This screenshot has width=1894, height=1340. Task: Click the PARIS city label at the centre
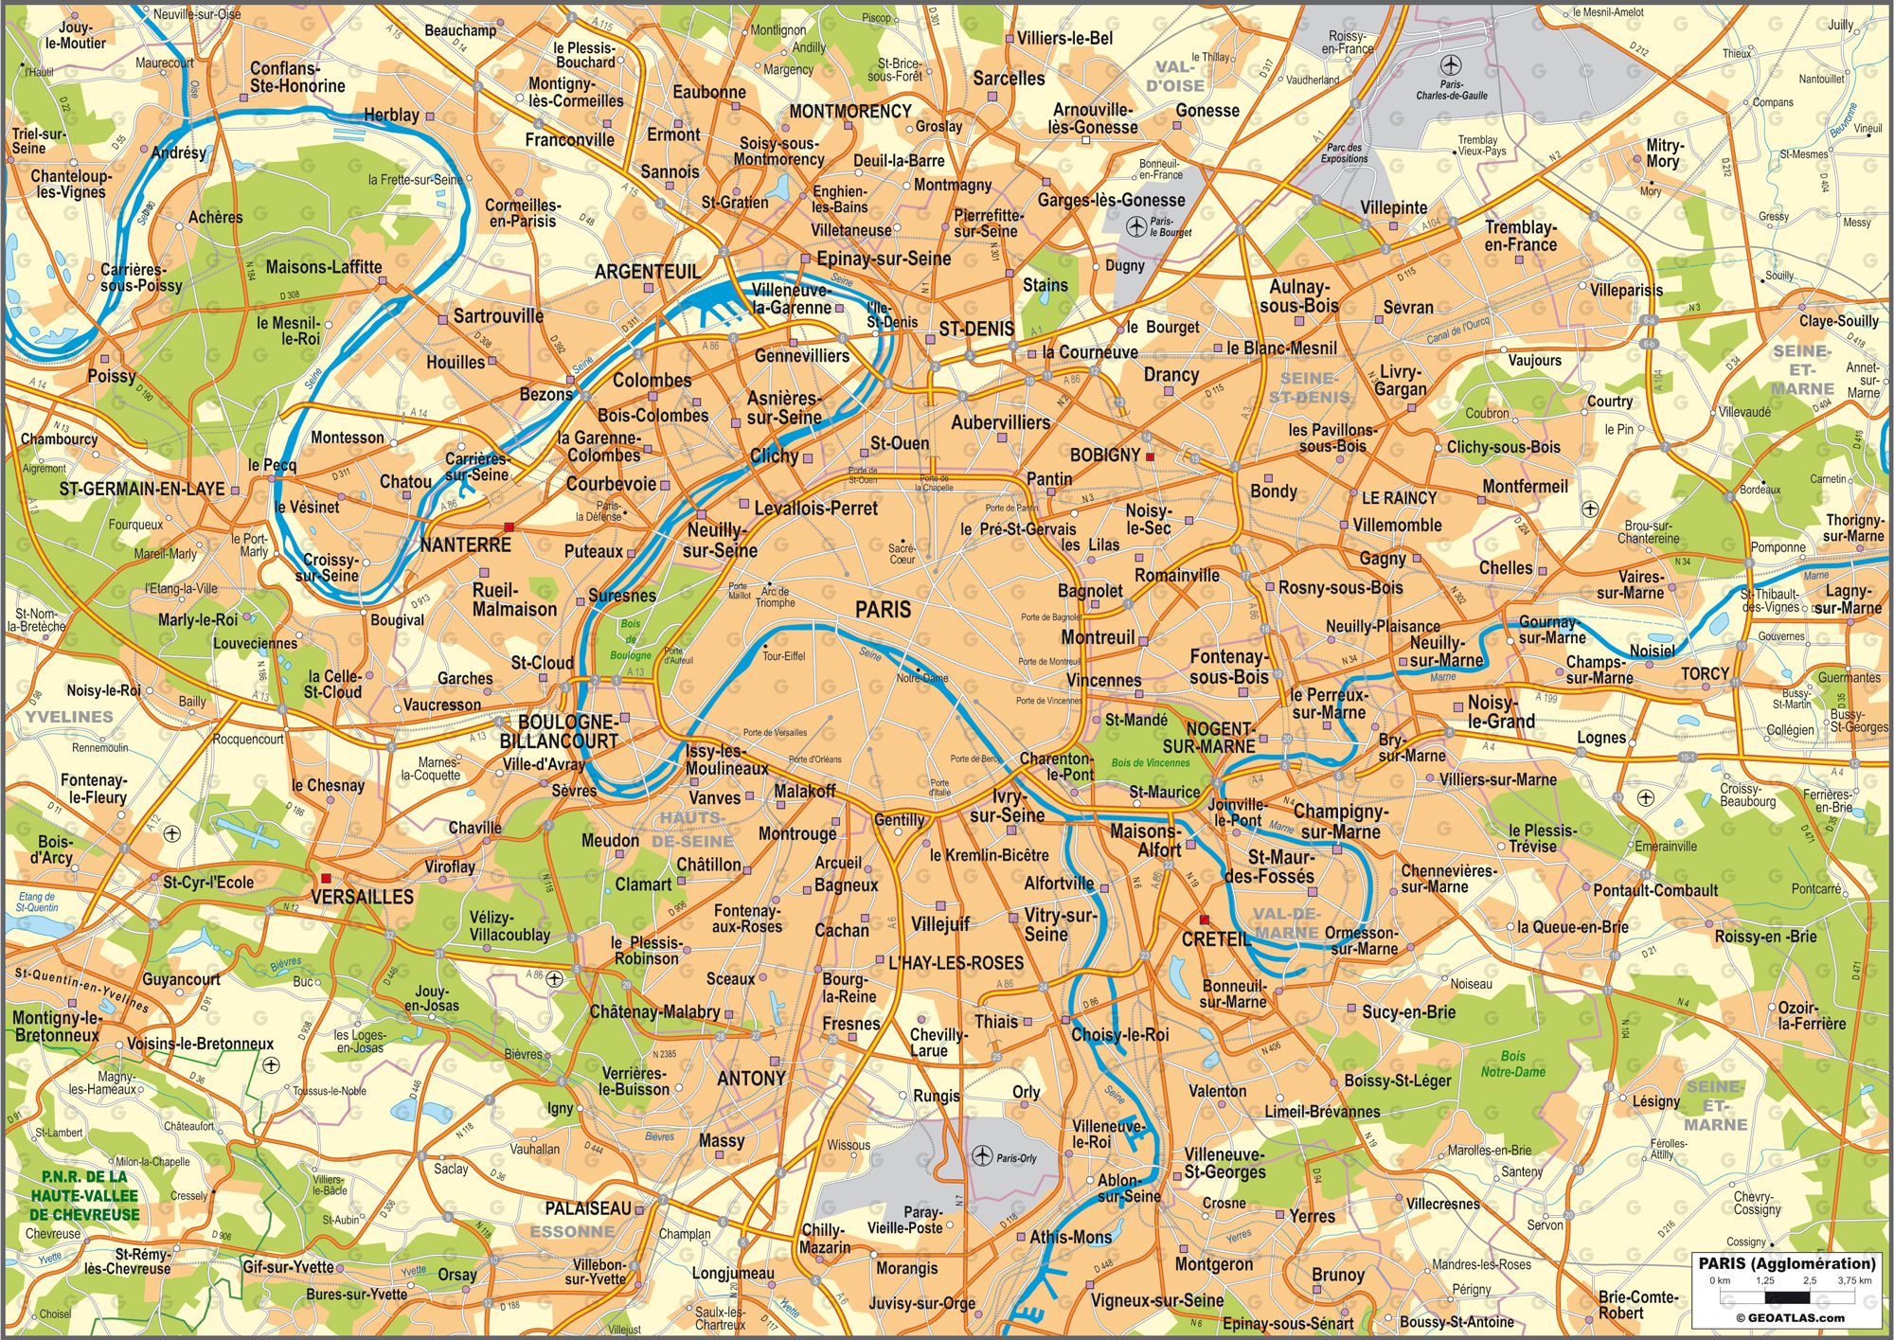(x=883, y=609)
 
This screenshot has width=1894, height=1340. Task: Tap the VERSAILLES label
(x=362, y=896)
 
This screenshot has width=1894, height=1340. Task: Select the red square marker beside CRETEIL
(x=1204, y=920)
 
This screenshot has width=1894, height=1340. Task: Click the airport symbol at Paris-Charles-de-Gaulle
(x=1450, y=64)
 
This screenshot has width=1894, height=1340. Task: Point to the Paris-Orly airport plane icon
(x=981, y=1155)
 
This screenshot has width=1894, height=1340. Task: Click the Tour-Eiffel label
(x=783, y=655)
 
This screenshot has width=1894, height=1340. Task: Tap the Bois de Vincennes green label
(x=1150, y=762)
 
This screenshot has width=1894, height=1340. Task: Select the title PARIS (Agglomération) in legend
(x=1786, y=1263)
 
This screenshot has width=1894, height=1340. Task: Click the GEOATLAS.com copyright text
(x=1790, y=1317)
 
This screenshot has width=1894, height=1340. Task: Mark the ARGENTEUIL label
(x=648, y=271)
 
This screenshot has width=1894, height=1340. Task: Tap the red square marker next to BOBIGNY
(x=1150, y=456)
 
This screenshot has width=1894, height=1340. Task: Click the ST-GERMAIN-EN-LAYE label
(x=142, y=489)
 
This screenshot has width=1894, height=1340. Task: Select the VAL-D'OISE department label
(x=1175, y=77)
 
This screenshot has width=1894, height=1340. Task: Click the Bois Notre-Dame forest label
(x=1512, y=1063)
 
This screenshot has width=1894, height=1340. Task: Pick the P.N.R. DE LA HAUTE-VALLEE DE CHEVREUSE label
(x=84, y=1195)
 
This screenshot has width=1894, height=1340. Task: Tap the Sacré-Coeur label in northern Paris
(x=902, y=553)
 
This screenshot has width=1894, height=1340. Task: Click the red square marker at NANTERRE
(x=509, y=527)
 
